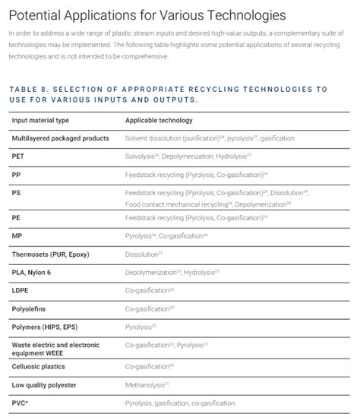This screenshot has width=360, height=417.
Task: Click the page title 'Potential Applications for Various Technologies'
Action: click(148, 14)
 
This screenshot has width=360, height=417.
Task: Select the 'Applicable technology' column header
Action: click(159, 120)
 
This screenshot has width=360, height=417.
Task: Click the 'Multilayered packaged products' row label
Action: click(61, 138)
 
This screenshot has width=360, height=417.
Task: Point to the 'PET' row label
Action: click(18, 156)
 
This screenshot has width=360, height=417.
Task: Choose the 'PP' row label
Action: click(16, 174)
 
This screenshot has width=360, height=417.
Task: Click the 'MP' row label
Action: click(17, 235)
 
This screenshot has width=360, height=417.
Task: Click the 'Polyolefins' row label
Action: click(31, 308)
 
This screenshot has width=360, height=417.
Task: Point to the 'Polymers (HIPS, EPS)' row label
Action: click(49, 327)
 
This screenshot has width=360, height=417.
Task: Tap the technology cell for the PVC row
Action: click(180, 403)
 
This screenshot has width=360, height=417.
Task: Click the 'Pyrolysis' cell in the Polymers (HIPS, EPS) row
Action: click(141, 327)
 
